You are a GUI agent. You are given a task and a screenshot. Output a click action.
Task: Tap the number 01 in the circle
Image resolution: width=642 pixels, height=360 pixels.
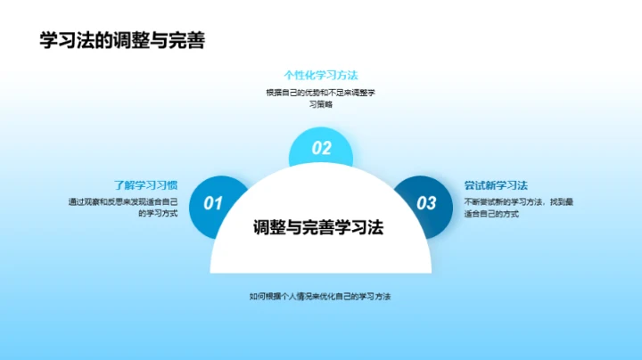coord(213,203)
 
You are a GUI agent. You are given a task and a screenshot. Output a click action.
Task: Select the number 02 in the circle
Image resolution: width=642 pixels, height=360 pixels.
coord(321,149)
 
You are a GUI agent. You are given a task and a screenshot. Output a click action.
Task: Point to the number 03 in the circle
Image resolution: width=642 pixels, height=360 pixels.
coord(427,203)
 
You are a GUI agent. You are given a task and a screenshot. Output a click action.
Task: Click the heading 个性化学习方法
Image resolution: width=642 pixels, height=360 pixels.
coord(321,75)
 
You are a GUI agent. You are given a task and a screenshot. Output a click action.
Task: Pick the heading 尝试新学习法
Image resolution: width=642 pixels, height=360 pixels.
coord(496,185)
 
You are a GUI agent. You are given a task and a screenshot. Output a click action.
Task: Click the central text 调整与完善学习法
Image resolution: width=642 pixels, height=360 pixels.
coord(317,226)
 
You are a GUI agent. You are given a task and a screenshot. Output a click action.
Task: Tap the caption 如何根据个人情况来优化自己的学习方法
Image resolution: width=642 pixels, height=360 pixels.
coord(321,296)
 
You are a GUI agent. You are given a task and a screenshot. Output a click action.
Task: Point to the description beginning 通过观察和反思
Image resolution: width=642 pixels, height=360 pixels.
coord(123,208)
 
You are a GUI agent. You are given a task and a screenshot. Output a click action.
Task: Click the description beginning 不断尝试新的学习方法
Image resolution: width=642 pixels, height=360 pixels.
coord(518,208)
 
